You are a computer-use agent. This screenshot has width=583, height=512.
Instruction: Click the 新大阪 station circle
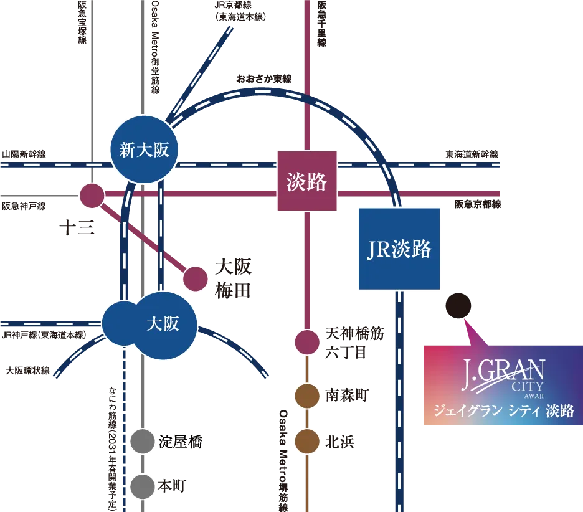coord(145,149)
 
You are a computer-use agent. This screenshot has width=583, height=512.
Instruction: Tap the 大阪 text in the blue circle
coord(163,325)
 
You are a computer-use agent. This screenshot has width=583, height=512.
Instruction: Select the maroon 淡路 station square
coord(307,181)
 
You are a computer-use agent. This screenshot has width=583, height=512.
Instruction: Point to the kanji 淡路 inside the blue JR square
coord(412,250)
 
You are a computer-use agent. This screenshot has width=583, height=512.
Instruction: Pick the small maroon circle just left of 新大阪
coord(92,196)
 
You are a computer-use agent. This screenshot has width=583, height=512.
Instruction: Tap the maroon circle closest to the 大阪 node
coord(195,278)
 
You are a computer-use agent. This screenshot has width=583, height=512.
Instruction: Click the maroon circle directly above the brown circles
coord(307,342)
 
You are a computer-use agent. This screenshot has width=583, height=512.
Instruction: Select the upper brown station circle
coord(307,396)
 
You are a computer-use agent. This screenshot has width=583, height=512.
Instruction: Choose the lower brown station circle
coord(307,441)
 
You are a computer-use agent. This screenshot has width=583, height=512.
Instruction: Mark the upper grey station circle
coord(142,442)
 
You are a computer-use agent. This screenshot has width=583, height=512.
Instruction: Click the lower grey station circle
coord(142,486)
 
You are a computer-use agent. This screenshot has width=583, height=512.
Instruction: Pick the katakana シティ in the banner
coord(522,412)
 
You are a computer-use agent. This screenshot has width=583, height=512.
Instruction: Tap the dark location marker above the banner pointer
coord(459,305)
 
